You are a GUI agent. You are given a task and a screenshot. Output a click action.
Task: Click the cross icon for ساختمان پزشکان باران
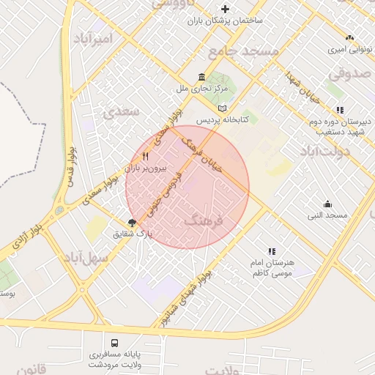[225, 10]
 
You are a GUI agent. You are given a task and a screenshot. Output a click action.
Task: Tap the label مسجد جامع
[244, 51]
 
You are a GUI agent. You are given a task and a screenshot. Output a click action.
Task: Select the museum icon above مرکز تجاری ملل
[202, 77]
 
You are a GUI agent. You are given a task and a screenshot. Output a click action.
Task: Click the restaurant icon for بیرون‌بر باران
[146, 156]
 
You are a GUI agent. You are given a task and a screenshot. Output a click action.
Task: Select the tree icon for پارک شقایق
[133, 223]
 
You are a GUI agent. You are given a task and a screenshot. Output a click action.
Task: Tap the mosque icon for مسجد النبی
[327, 204]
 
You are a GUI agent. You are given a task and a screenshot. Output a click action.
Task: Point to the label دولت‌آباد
[325, 151]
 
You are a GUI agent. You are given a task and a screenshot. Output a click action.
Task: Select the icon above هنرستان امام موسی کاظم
[272, 250]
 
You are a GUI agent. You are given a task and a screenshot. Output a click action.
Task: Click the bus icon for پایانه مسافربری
[114, 342]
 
